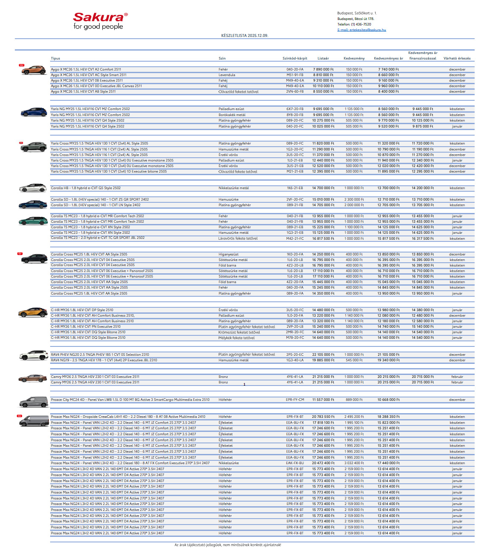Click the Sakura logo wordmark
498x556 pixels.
coord(99,17)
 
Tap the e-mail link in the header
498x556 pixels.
coord(362,30)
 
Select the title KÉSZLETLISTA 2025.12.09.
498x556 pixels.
coord(245,36)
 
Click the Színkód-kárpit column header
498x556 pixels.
coord(295,58)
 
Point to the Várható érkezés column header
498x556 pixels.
coord(457,58)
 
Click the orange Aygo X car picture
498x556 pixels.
coord(34,70)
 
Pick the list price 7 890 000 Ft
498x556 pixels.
coord(323,69)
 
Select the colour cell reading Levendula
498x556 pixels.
coord(227,75)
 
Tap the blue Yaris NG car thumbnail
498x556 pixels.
coord(34,112)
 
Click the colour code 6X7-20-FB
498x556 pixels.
coord(295,109)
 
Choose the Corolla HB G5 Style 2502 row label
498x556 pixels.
coord(86,188)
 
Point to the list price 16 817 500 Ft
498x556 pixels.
coord(323,238)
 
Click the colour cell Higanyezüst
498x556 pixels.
coord(229,254)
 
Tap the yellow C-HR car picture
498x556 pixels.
coord(33,312)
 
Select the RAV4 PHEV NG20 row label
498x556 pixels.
coord(100,355)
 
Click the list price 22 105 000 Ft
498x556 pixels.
coord(323,355)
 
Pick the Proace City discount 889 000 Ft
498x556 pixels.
coord(354,400)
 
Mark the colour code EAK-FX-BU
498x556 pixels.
coord(295,463)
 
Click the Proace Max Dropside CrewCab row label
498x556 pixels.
coord(128,417)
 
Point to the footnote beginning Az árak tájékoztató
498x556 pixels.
coord(228,545)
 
